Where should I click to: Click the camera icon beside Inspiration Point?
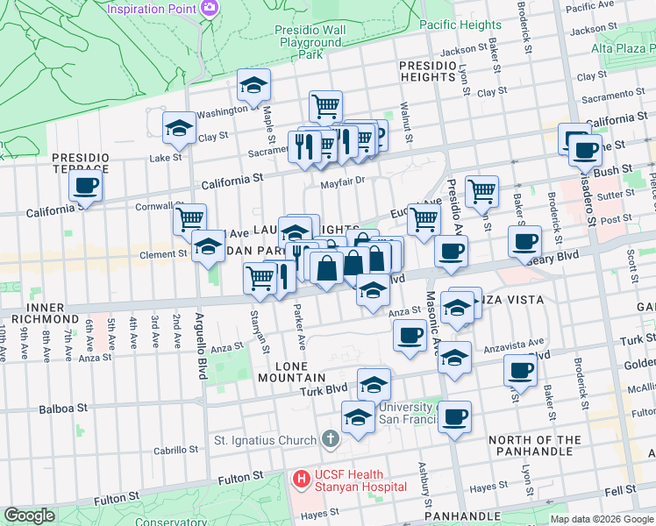[x=210, y=9]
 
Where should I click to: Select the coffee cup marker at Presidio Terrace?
[x=86, y=186]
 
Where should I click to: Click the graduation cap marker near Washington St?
[x=253, y=85]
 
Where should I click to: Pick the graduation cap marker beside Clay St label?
[x=179, y=128]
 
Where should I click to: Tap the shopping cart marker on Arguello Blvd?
[x=189, y=218]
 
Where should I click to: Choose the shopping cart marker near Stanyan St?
[x=260, y=277]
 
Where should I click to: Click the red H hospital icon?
[x=301, y=479]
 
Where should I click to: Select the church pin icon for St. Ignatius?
[x=330, y=437]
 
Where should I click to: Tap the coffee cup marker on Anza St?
[x=410, y=335]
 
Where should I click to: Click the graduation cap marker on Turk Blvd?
[x=374, y=384]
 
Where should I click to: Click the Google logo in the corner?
[x=29, y=515]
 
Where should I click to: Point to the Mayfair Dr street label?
[x=341, y=182]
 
